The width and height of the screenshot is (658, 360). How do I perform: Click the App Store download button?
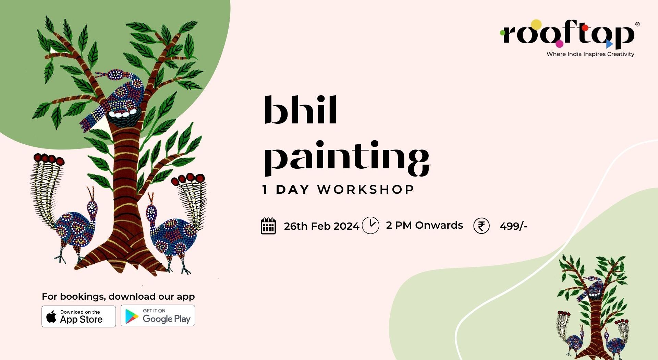click(x=79, y=316)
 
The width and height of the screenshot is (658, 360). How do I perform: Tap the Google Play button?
click(x=158, y=315)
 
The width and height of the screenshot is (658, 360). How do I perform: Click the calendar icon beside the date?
click(x=268, y=226)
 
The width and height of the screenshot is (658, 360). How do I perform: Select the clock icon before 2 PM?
click(x=370, y=225)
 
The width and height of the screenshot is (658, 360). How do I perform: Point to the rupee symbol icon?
click(x=482, y=226)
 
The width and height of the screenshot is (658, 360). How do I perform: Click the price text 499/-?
click(x=513, y=226)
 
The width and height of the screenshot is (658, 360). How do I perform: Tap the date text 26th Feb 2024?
click(x=321, y=226)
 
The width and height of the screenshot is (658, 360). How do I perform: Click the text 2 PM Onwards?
click(x=424, y=225)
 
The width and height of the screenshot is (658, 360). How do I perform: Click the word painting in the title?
click(x=347, y=158)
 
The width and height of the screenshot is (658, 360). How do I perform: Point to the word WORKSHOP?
click(x=366, y=190)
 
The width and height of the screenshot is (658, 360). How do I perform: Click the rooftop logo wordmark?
click(x=568, y=34)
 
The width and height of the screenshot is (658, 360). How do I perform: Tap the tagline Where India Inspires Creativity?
click(x=590, y=54)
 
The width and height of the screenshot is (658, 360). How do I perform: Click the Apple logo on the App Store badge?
click(x=51, y=316)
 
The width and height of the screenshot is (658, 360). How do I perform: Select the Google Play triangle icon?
click(x=132, y=316)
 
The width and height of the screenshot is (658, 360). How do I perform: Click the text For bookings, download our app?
click(x=118, y=297)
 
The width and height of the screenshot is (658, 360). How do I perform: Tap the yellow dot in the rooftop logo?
click(x=536, y=25)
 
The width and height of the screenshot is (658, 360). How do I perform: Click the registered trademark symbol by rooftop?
click(x=637, y=24)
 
